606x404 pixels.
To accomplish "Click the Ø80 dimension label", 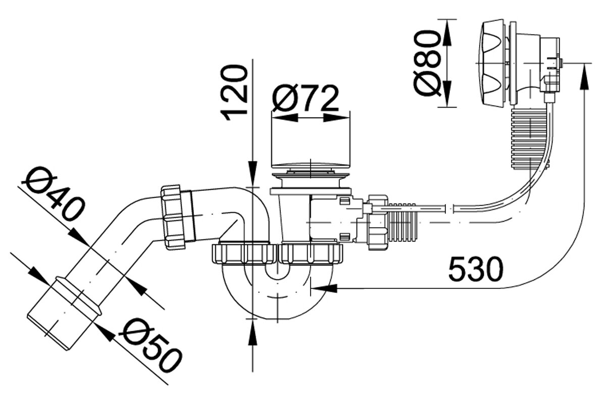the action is point(427,63).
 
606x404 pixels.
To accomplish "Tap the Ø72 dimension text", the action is point(305,98).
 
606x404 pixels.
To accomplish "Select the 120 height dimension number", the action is point(234,92).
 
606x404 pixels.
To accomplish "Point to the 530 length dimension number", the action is point(476,269).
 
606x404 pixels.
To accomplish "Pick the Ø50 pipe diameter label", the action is point(150,345).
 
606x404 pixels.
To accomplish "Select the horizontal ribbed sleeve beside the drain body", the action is point(401,222).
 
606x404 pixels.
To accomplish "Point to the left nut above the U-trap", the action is point(244,254).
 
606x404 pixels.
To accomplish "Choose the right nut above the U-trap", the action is point(311,254).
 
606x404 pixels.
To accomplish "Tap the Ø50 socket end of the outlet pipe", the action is point(64,313).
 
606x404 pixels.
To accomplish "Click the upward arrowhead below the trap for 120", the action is point(252,332).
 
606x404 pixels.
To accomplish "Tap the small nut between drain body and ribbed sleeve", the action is point(377,222).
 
